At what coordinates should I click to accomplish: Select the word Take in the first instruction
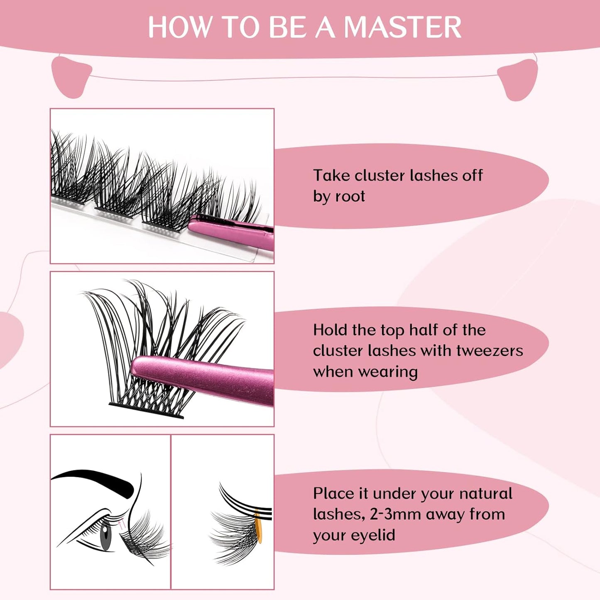331,175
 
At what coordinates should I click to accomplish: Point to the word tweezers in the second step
490,351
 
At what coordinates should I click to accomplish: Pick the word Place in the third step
333,493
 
